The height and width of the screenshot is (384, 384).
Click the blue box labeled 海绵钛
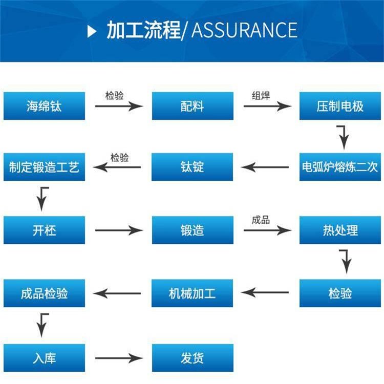click(44, 106)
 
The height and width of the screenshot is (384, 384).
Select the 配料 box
click(192, 106)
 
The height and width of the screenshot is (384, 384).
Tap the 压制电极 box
click(340, 106)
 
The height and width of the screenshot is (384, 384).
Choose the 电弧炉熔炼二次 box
click(340, 167)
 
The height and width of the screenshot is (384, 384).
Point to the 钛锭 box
click(192, 167)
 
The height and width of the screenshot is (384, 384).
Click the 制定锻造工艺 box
click(44, 167)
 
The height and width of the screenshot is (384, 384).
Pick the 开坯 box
click(44, 230)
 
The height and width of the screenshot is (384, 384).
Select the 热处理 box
click(340, 230)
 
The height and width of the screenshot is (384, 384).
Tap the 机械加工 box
click(192, 293)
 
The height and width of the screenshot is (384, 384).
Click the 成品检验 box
click(44, 293)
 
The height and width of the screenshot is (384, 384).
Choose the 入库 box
click(44, 357)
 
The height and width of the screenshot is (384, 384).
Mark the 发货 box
click(192, 357)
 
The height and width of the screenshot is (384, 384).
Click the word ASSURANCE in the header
click(244, 30)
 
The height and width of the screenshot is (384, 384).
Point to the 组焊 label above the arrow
click(261, 96)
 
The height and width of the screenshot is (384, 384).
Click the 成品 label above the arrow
click(261, 220)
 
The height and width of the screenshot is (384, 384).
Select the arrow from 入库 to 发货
click(118, 358)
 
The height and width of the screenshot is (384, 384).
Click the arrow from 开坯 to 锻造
click(118, 230)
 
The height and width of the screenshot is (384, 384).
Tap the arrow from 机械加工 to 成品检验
click(117, 293)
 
